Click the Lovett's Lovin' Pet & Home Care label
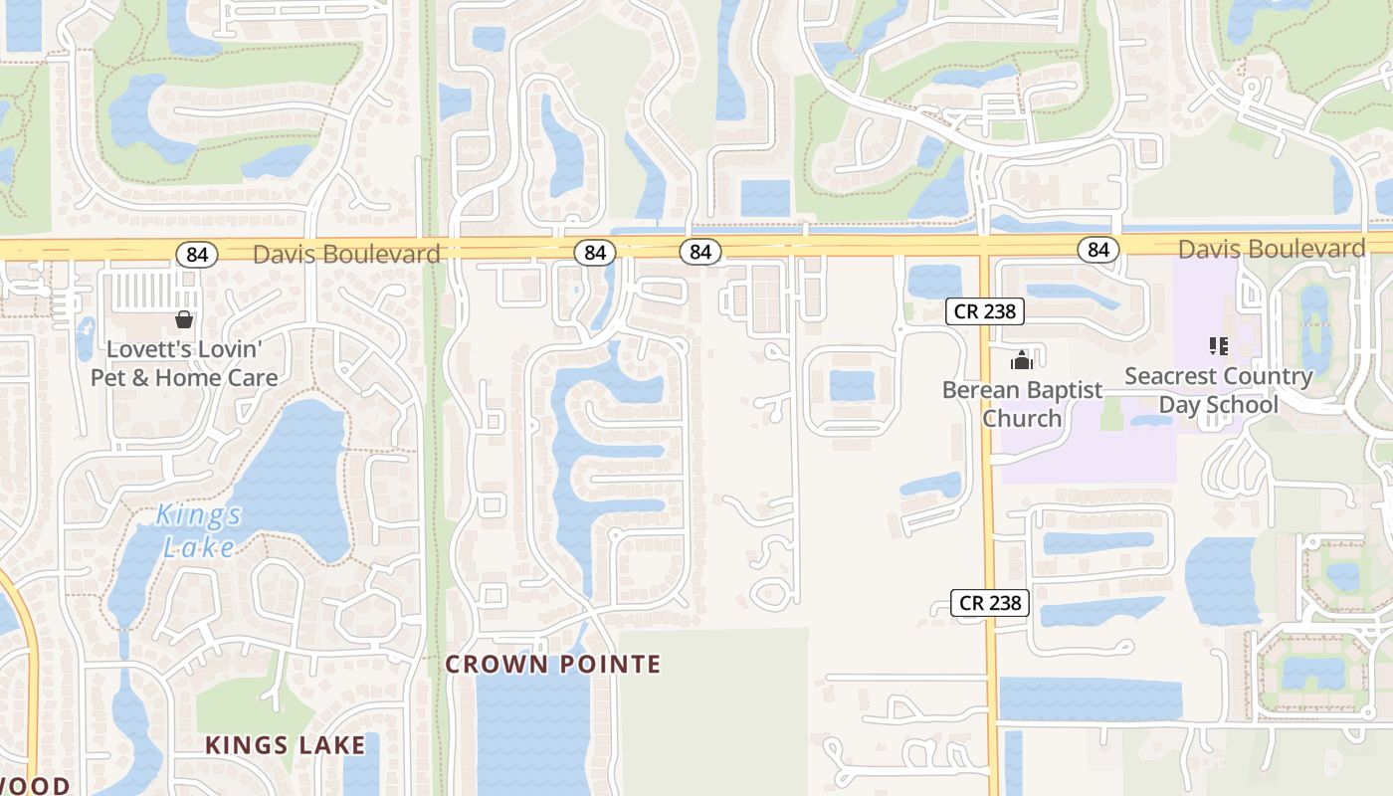tap(184, 363)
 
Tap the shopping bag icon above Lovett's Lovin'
tap(183, 319)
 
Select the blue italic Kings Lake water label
tap(199, 530)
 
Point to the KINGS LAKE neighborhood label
tap(286, 744)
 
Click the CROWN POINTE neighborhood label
tap(552, 664)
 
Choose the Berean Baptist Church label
tap(1022, 403)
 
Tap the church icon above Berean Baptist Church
tap(1022, 359)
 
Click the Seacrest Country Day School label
tap(1219, 390)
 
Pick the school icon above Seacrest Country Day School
tap(1219, 346)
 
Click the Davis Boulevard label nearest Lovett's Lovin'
tap(346, 254)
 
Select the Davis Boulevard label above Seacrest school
tap(1272, 248)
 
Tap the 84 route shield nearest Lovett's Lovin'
tap(197, 255)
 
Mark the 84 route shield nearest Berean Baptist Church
tap(1098, 249)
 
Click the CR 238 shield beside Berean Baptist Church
tap(985, 311)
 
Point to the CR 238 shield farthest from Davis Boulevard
tap(990, 603)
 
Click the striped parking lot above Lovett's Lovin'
tap(145, 291)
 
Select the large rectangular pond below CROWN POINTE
tap(533, 736)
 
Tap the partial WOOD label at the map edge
tap(35, 786)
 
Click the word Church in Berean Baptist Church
tap(1022, 418)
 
